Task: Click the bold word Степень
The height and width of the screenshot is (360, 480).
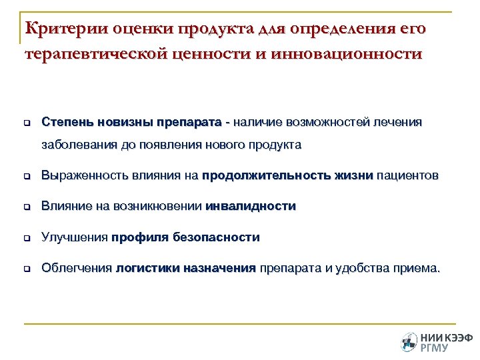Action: click(66, 123)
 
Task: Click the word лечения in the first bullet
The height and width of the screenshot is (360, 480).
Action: click(398, 123)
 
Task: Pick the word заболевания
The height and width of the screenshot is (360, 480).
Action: click(76, 144)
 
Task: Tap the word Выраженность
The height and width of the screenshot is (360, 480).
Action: click(85, 176)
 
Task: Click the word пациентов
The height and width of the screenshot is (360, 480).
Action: click(408, 176)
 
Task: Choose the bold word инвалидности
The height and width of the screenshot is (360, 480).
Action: click(251, 207)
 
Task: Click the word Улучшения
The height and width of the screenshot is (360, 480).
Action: click(75, 237)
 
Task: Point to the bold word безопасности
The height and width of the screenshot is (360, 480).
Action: click(217, 237)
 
